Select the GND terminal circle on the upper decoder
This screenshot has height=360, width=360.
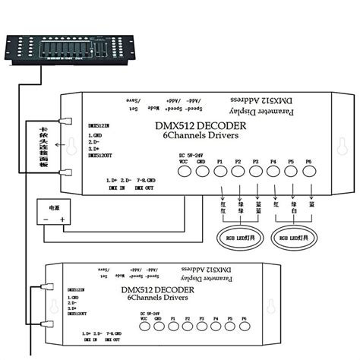tap(202, 171)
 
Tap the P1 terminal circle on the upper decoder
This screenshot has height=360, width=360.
tap(221, 171)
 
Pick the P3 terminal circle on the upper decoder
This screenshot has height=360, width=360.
tap(256, 171)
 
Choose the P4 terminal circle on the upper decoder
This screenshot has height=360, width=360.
tap(273, 171)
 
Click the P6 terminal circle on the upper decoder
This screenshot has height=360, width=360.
tap(308, 171)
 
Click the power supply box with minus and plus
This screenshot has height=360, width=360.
tap(54, 213)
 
